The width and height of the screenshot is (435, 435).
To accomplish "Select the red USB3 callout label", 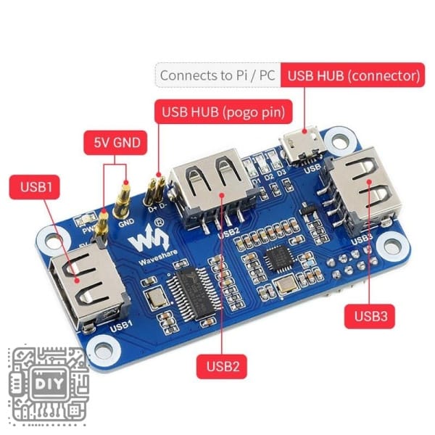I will coord(369,316).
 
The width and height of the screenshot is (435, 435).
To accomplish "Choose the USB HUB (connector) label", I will coord(353,75).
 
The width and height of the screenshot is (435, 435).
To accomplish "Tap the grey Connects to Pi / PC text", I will coord(217,75).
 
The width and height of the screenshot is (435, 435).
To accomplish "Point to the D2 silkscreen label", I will coord(268,176).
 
